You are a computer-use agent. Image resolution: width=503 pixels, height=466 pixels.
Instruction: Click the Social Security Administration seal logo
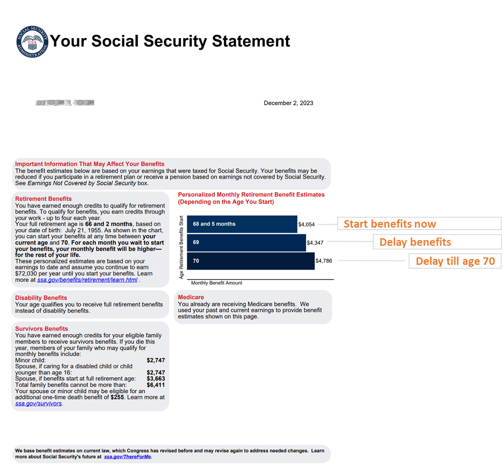tap(32, 41)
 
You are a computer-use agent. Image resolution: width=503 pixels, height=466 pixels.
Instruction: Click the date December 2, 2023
tap(288, 103)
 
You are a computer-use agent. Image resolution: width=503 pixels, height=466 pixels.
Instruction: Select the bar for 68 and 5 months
tap(242, 224)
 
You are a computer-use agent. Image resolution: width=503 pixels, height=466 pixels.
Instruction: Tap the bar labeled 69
tap(246, 242)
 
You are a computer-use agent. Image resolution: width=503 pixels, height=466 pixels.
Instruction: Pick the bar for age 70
tap(250, 261)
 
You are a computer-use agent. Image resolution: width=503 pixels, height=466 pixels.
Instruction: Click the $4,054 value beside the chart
tap(306, 224)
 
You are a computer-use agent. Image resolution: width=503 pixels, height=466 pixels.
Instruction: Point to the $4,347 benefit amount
tap(315, 243)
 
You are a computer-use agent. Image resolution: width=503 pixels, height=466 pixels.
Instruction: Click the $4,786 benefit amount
tap(324, 261)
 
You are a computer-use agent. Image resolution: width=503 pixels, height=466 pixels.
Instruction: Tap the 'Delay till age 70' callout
tap(455, 261)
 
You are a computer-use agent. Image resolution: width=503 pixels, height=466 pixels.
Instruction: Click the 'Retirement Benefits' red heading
tap(43, 199)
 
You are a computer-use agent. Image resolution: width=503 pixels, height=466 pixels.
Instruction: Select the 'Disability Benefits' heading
tap(41, 298)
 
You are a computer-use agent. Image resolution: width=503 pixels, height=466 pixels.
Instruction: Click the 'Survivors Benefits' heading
tap(41, 329)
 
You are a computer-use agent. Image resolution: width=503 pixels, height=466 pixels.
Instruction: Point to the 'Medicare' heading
tap(191, 297)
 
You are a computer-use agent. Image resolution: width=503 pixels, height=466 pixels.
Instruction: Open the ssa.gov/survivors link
tap(39, 403)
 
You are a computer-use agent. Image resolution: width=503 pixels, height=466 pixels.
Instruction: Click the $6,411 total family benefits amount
tap(156, 385)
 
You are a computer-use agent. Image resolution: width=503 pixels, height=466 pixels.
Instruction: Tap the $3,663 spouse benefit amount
tap(156, 379)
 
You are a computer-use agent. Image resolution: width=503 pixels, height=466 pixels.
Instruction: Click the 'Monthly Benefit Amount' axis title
tap(217, 283)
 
